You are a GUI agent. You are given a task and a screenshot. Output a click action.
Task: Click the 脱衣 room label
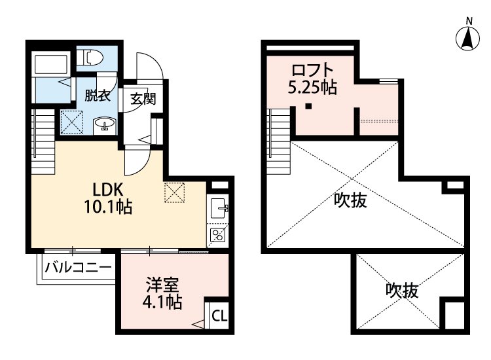tap(97, 94)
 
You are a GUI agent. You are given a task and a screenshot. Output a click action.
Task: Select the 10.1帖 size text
tap(108, 208)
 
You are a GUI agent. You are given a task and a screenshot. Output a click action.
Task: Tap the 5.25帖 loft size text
tap(312, 87)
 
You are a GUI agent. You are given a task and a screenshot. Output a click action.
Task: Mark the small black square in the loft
tap(306, 107)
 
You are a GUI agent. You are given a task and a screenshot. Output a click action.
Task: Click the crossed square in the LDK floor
tap(175, 191)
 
